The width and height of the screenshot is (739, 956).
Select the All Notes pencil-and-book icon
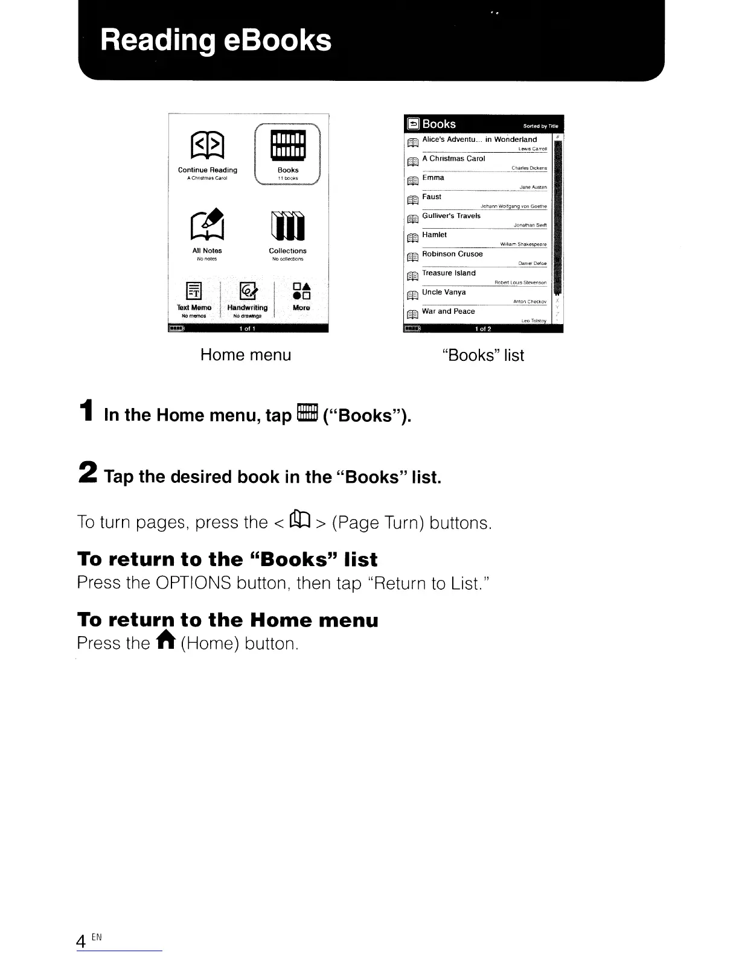[207, 224]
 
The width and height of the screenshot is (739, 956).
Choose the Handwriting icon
[248, 291]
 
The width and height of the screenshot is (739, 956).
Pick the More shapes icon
[301, 291]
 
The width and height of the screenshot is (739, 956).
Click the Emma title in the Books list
[433, 178]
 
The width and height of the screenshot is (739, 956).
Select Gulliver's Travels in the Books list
[451, 216]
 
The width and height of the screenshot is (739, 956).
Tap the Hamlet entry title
[434, 235]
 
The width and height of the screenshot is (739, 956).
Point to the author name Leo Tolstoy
[534, 321]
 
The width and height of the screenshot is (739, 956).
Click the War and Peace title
[448, 311]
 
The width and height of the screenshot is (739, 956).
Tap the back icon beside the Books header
[414, 124]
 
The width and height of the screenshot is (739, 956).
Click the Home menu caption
[246, 355]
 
